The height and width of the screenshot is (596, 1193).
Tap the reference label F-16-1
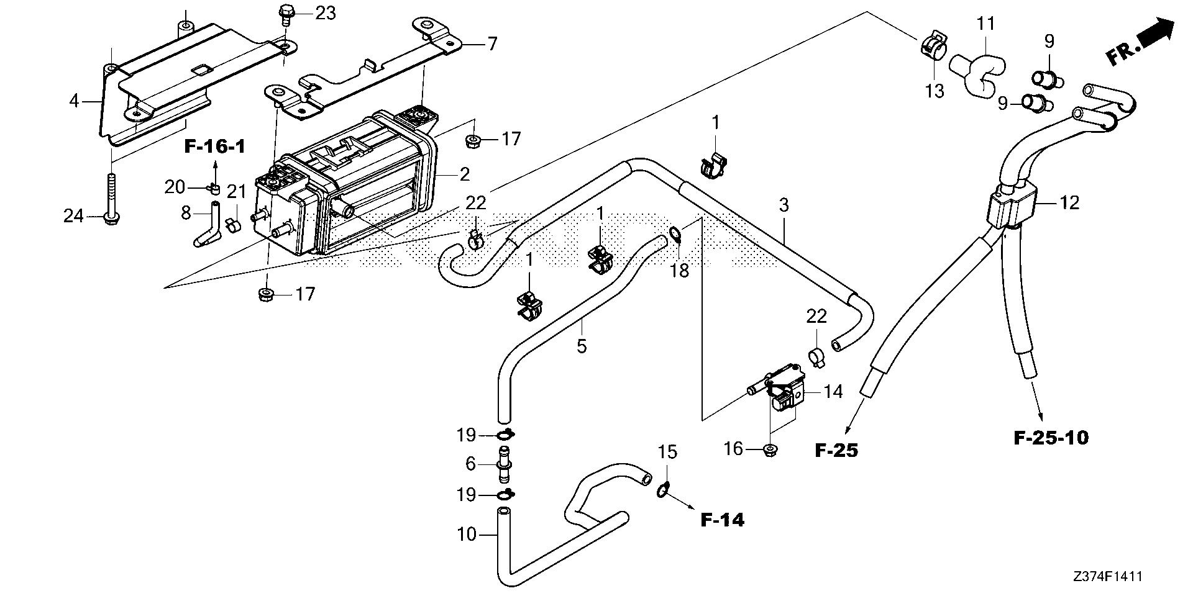(215, 147)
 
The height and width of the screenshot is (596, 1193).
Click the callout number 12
(1069, 202)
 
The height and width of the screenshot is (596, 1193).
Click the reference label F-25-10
(1051, 438)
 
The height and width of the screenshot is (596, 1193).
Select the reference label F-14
(722, 520)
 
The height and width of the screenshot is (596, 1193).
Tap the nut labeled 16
(769, 449)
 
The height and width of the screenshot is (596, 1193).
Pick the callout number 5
(582, 346)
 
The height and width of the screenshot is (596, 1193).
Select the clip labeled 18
(675, 234)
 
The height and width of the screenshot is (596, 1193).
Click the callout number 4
(75, 100)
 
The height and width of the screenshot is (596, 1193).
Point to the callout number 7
(492, 44)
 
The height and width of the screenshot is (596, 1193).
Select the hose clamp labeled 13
(931, 45)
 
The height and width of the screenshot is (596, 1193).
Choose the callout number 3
(784, 205)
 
